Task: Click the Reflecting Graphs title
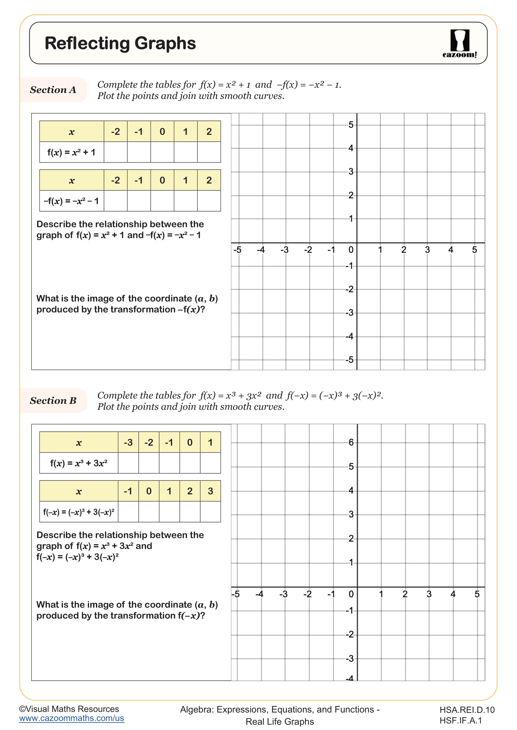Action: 120,43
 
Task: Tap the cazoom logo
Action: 459,44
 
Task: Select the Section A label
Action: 53,90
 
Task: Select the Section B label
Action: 53,401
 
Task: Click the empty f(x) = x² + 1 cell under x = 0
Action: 162,152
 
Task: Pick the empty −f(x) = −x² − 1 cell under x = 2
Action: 209,201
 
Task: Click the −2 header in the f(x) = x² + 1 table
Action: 115,131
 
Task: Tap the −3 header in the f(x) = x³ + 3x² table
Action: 128,442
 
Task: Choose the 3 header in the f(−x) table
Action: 210,491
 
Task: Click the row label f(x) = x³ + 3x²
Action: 79,463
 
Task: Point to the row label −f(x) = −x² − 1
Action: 71,201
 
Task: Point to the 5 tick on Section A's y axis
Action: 350,125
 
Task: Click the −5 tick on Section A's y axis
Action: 349,360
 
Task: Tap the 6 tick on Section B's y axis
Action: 351,442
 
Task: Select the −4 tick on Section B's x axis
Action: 259,594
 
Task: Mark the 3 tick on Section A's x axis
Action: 427,250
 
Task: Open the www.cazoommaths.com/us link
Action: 71,718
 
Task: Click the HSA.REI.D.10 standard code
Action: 467,710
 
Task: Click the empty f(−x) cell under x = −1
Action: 128,512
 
